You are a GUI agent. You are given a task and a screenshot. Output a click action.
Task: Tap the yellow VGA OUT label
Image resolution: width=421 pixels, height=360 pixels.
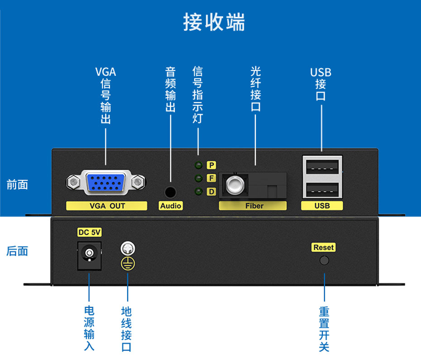[107, 206]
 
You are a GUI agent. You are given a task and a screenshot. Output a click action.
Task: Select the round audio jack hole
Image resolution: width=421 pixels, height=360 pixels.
[170, 192]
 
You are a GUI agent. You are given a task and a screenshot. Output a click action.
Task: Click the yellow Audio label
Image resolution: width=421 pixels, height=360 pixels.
[171, 206]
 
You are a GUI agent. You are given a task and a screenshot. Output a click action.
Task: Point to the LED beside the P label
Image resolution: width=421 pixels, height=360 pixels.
[198, 165]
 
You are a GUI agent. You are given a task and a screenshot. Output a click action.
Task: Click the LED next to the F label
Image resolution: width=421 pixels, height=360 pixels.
[198, 178]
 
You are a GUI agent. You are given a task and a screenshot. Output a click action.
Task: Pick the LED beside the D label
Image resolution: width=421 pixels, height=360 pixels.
[198, 192]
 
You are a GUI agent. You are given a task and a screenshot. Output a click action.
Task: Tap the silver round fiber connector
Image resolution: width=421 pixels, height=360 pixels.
[234, 185]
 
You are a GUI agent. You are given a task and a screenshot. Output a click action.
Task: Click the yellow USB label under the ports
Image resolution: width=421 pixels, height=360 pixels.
[322, 206]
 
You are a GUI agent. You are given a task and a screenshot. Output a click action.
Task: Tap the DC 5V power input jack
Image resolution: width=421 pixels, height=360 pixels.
[89, 255]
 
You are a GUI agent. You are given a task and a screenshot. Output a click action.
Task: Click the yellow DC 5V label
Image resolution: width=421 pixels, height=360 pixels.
[90, 232]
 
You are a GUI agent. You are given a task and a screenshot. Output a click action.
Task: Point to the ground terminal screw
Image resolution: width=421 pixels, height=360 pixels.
[128, 248]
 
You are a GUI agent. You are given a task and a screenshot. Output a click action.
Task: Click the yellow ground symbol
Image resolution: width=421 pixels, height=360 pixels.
[128, 264]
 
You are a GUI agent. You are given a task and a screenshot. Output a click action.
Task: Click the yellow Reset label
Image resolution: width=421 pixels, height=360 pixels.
[324, 247]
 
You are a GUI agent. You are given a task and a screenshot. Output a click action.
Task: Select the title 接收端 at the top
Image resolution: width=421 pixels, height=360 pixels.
[214, 22]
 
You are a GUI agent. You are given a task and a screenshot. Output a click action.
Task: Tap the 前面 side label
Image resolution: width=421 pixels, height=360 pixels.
[17, 185]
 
